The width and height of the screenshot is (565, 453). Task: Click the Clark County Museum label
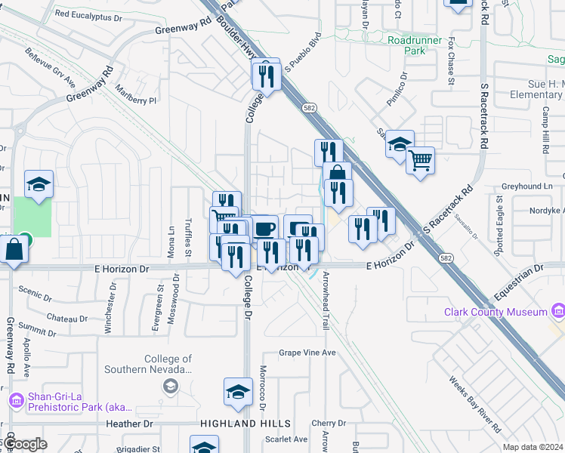(495, 312)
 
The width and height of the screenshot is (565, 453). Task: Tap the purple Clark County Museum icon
(557, 311)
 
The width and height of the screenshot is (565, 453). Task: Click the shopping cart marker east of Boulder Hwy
(420, 160)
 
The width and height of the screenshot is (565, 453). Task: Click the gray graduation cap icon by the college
(171, 387)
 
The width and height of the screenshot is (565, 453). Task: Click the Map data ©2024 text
(533, 447)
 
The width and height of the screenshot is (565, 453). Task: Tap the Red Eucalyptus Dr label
(88, 14)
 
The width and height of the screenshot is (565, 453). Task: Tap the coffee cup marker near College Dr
(264, 229)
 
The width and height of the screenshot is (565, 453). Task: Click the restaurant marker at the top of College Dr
(266, 74)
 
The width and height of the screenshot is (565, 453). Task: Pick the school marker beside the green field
(39, 184)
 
